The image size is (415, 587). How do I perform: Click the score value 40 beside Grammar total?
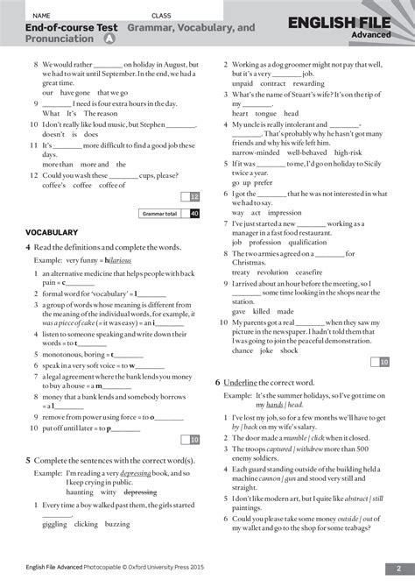coord(194,213)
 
